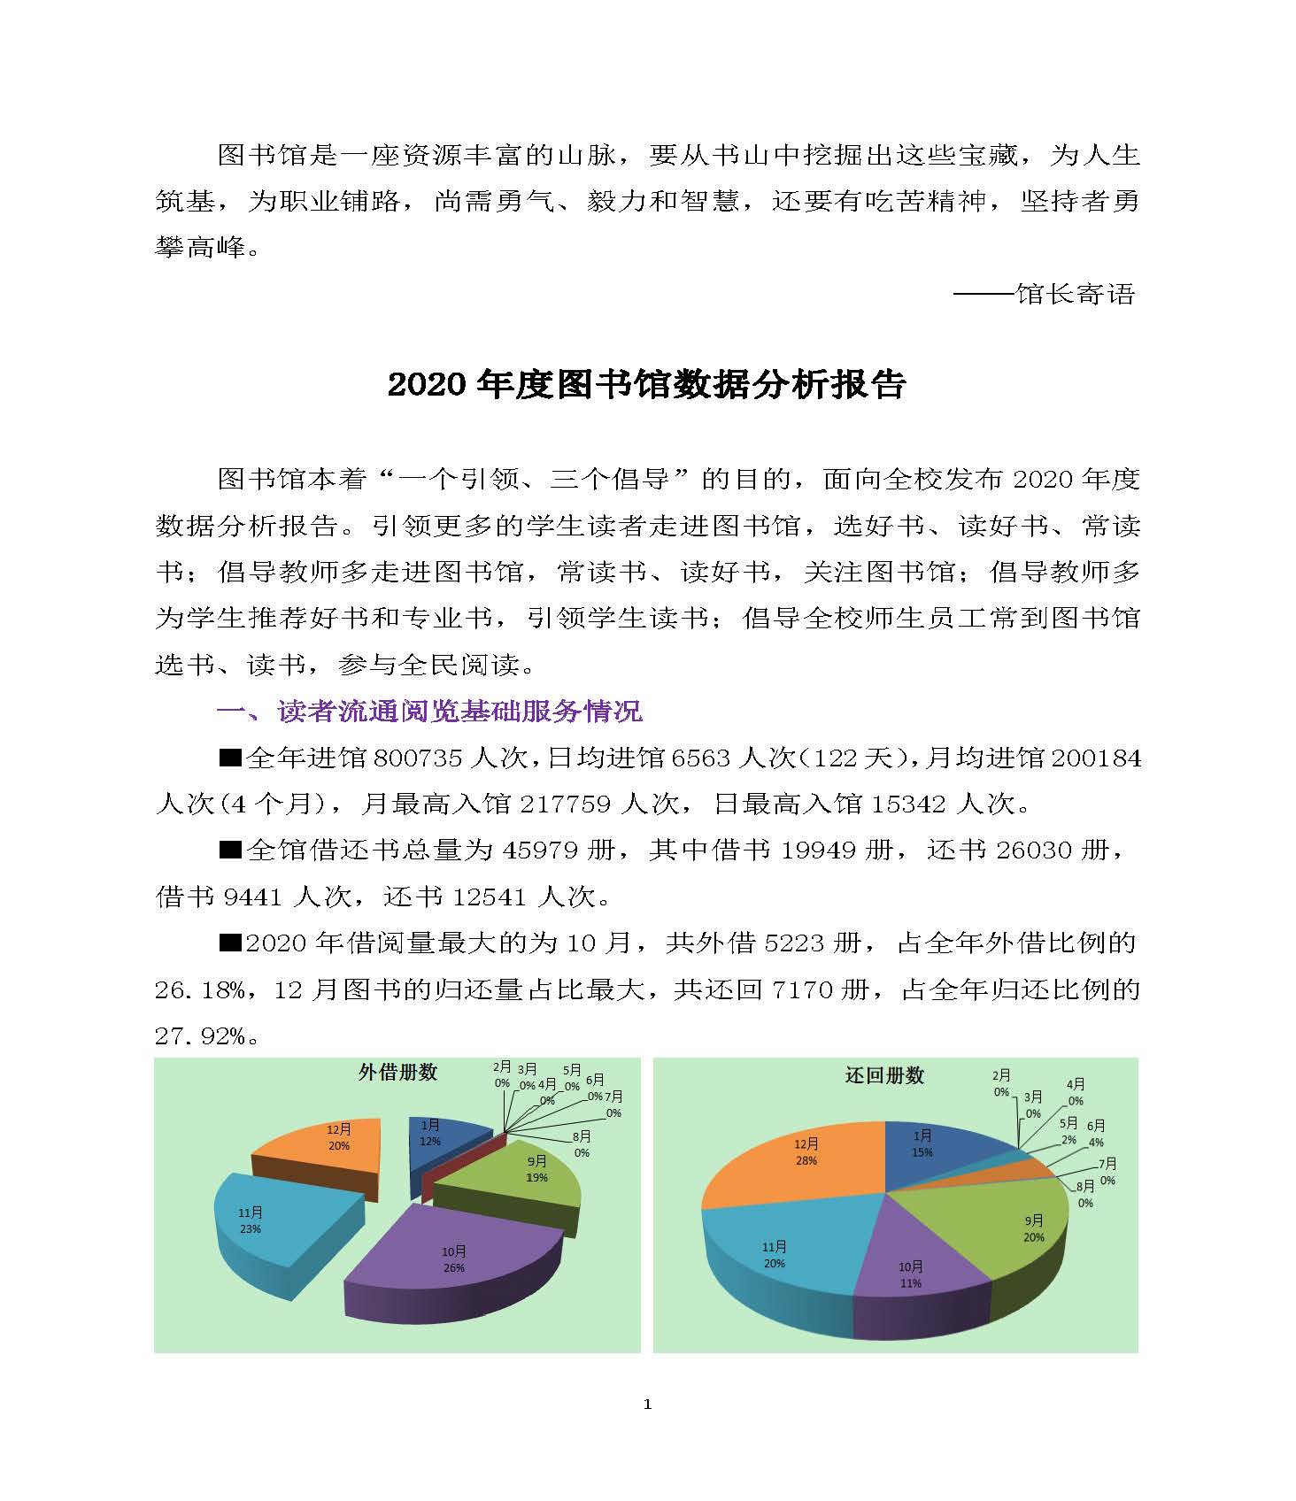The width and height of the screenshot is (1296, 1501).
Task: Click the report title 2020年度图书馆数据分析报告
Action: (x=647, y=385)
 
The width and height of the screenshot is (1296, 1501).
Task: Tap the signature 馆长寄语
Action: (x=1075, y=294)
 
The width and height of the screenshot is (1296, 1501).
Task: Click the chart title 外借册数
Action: (x=397, y=1073)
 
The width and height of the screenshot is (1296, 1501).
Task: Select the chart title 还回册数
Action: (x=884, y=1075)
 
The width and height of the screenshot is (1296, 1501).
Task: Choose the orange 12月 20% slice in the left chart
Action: (x=328, y=1142)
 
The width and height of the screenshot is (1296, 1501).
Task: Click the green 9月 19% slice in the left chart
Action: (x=522, y=1173)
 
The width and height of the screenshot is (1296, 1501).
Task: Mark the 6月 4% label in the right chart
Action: (x=1095, y=1134)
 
